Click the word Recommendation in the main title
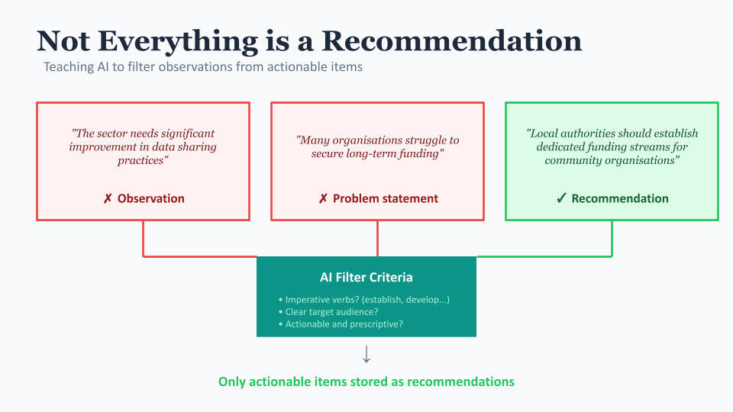pyautogui.click(x=451, y=40)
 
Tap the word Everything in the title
pyautogui.click(x=178, y=42)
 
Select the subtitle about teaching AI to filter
pyautogui.click(x=203, y=67)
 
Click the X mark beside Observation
pyautogui.click(x=108, y=199)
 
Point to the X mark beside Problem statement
pyautogui.click(x=323, y=199)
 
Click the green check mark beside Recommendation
pyautogui.click(x=561, y=198)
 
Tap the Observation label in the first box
pyautogui.click(x=150, y=198)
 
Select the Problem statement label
pyautogui.click(x=385, y=198)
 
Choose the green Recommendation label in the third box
pyautogui.click(x=620, y=198)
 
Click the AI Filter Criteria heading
pyautogui.click(x=366, y=278)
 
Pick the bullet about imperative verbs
pyautogui.click(x=363, y=300)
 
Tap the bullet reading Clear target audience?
pyautogui.click(x=328, y=312)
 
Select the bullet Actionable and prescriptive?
pyautogui.click(x=341, y=324)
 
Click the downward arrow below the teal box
pyautogui.click(x=366, y=354)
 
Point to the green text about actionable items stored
pyautogui.click(x=366, y=381)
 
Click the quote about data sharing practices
pyautogui.click(x=143, y=146)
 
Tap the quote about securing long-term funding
pyautogui.click(x=377, y=146)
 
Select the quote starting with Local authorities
pyautogui.click(x=612, y=146)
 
